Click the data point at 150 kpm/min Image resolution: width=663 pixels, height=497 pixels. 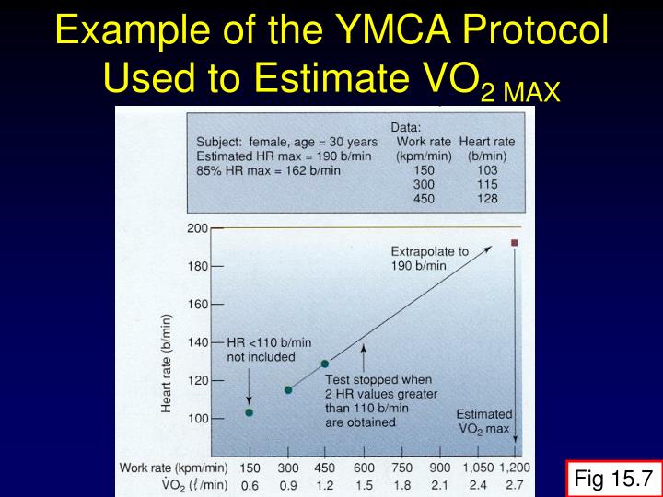(x=249, y=412)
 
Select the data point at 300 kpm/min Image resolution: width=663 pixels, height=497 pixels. (x=288, y=390)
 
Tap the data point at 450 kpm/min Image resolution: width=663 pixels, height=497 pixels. (x=324, y=364)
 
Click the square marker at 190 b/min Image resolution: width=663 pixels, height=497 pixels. (x=515, y=243)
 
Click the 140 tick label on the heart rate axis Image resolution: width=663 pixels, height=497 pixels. (x=198, y=341)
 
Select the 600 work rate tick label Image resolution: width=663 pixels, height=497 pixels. (x=364, y=467)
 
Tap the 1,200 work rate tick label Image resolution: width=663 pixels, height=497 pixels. (x=514, y=467)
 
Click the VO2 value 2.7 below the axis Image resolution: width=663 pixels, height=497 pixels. (x=514, y=484)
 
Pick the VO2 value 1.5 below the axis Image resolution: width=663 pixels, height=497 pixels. (x=364, y=484)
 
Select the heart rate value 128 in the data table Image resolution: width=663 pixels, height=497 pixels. (x=486, y=198)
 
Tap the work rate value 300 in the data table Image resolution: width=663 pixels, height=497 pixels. (x=424, y=184)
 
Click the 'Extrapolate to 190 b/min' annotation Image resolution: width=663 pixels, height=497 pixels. (x=429, y=258)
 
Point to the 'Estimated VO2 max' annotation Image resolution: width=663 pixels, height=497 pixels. (x=483, y=422)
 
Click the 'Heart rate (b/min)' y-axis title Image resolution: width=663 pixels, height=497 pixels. (x=168, y=364)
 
